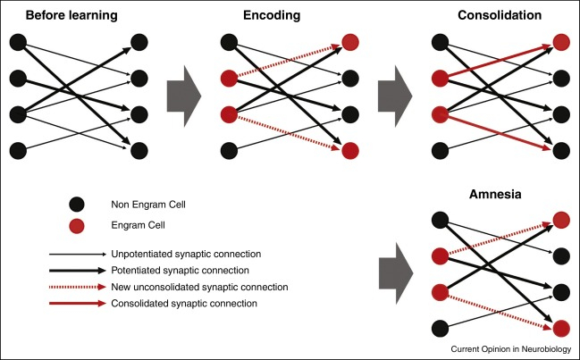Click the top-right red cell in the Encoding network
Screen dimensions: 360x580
(x=350, y=41)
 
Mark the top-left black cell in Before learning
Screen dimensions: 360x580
(x=16, y=41)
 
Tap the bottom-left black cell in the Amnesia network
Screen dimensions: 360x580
(x=440, y=325)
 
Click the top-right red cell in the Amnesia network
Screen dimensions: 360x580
(x=560, y=218)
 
